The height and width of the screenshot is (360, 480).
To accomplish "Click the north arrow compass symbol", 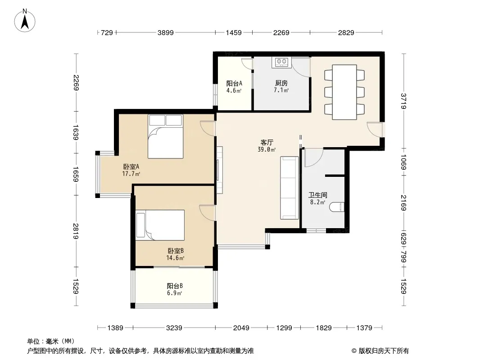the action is point(25,20).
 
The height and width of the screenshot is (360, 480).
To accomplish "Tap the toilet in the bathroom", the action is point(338,207).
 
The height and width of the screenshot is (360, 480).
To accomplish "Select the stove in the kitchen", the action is point(281,62).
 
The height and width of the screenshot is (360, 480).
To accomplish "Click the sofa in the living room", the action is point(289,188).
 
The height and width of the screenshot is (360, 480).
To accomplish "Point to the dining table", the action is point(344,92).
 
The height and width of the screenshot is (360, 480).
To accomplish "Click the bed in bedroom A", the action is point(166,136).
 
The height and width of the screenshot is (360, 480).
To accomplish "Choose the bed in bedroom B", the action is point(160,225).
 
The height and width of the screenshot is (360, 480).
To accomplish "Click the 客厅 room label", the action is point(267,142).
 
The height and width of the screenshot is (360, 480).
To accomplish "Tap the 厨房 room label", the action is point(281,83).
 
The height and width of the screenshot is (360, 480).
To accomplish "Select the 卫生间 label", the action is point(318,195).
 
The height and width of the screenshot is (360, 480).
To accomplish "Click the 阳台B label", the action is point(175,286).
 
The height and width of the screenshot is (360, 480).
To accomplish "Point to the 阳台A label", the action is point(234,83).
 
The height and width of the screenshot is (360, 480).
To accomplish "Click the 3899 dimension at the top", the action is point(166,32).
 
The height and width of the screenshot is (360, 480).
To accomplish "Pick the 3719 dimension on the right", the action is point(403,101).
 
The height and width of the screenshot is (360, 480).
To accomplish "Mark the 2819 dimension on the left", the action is point(76,231).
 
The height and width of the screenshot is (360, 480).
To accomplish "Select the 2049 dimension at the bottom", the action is point(241,328).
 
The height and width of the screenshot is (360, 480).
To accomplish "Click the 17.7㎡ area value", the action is point(131,174).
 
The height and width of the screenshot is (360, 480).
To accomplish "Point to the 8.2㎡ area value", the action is point(318,202).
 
